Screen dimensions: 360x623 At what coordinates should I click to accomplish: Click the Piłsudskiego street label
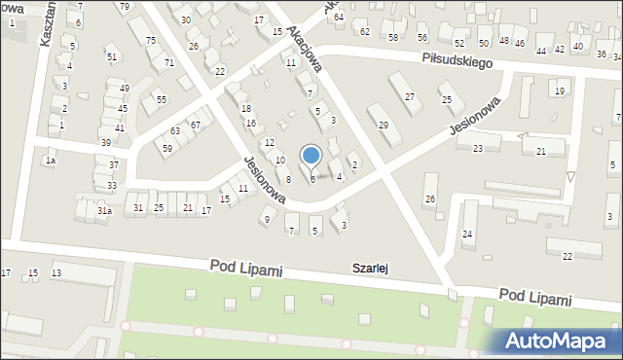[457, 60]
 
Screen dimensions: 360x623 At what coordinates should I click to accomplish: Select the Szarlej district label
[371, 268]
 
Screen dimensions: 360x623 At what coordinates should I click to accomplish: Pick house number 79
[124, 7]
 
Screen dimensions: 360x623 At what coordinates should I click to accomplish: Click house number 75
[150, 40]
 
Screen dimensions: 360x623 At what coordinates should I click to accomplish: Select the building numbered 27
[410, 96]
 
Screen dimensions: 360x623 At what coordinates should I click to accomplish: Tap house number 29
[384, 126]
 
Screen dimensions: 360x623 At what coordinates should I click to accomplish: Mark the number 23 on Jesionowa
[478, 148]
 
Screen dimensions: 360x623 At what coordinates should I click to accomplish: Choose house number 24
[467, 234]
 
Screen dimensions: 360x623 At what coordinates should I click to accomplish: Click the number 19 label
[559, 90]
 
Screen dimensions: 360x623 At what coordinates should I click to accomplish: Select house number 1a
[50, 160]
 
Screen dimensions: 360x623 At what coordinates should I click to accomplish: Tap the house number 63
[175, 130]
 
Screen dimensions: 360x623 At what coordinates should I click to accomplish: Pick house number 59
[167, 148]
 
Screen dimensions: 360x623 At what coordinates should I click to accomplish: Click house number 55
[162, 99]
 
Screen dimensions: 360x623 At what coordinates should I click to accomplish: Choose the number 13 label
[56, 272]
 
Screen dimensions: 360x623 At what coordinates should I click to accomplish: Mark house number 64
[338, 17]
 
